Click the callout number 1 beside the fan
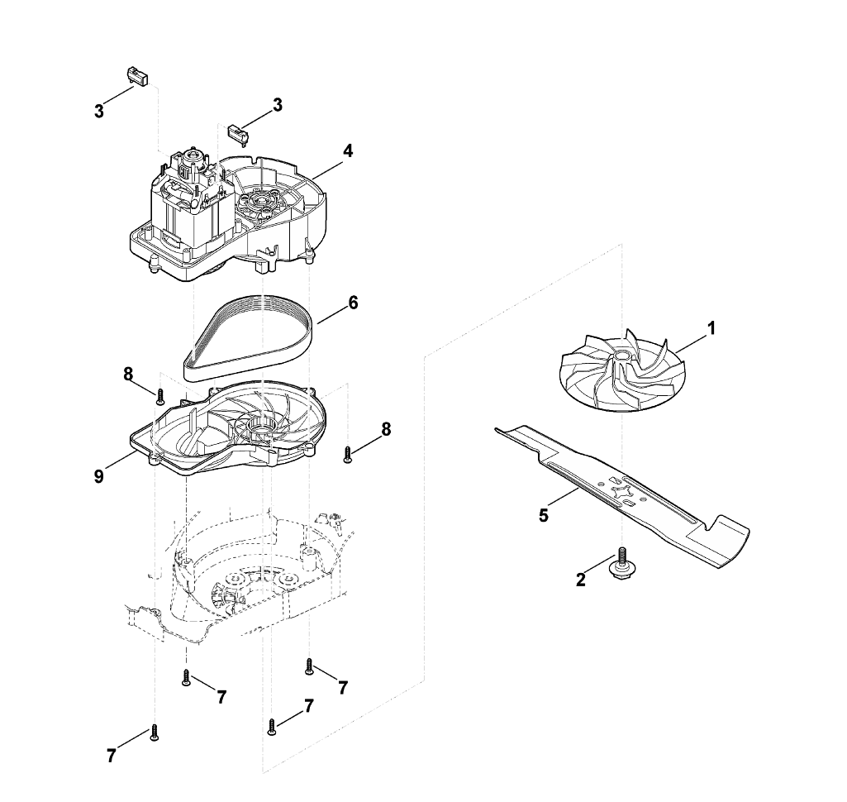[x=711, y=327]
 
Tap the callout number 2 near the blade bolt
[x=580, y=580]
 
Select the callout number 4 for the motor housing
[x=348, y=150]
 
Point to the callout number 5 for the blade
[x=544, y=515]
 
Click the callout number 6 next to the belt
[x=353, y=303]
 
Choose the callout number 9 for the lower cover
[x=98, y=477]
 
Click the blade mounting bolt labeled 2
[x=621, y=564]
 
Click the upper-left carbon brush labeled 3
[x=137, y=75]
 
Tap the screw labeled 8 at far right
[x=347, y=454]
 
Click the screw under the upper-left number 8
[x=159, y=396]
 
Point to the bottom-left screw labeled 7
[x=154, y=733]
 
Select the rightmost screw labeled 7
[x=309, y=666]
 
